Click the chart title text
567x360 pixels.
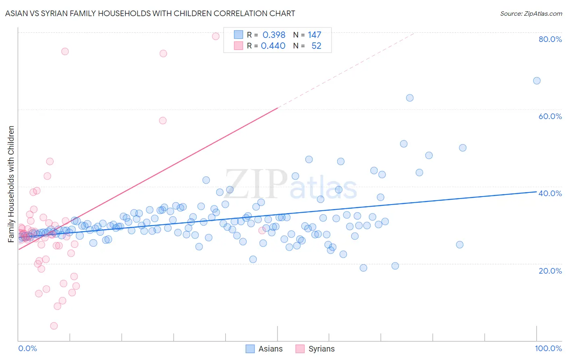[x=150, y=13]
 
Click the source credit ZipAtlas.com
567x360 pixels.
[x=531, y=13]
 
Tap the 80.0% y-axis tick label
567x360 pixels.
[x=550, y=39]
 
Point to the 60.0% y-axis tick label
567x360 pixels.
[x=550, y=116]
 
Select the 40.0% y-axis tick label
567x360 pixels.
[x=550, y=193]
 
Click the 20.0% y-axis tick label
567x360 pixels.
[x=550, y=270]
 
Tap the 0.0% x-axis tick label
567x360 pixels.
[x=27, y=348]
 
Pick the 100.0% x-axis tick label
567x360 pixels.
[x=548, y=348]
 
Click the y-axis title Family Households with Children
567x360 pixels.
[x=11, y=184]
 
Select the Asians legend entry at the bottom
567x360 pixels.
[x=264, y=349]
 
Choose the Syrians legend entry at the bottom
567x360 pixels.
[x=315, y=349]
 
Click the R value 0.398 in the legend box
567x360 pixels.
[x=274, y=35]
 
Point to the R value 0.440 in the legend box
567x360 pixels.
[x=273, y=46]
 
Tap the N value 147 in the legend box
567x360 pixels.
[x=314, y=35]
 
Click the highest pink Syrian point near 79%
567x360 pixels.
[x=216, y=36]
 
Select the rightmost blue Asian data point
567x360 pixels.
[x=537, y=81]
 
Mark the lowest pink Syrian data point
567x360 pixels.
[x=54, y=326]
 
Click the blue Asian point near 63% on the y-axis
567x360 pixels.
[x=410, y=98]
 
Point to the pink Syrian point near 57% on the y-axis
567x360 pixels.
[x=163, y=120]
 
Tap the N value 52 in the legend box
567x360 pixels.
[x=316, y=46]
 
